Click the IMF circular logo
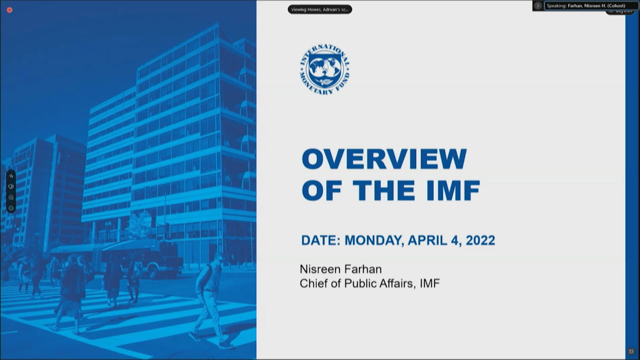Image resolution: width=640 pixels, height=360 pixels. [x=324, y=69]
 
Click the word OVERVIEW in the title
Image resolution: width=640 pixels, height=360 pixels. [x=384, y=159]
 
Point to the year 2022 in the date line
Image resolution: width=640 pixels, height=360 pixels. [x=480, y=240]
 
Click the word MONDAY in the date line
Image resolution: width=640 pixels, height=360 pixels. [x=373, y=240]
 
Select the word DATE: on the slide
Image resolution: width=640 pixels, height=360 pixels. [x=320, y=240]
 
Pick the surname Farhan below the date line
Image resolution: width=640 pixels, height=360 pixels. [x=362, y=269]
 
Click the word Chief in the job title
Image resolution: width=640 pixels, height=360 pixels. [x=313, y=283]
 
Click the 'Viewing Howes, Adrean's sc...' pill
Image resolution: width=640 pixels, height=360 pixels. [x=319, y=9]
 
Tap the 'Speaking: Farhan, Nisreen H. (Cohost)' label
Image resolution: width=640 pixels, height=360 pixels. [x=585, y=6]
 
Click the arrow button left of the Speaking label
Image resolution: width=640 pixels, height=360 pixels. [x=538, y=6]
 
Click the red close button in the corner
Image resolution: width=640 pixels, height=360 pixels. [x=9, y=10]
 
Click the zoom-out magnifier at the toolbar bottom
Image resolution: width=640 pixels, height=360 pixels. [x=11, y=208]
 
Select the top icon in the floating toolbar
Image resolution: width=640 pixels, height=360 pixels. [x=11, y=176]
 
